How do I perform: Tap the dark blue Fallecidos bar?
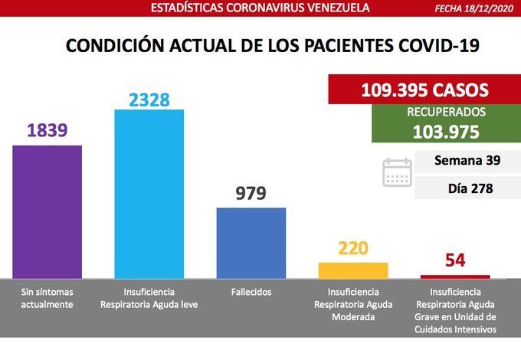[251, 242]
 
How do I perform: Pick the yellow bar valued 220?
[353, 270]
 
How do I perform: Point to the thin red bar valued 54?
[455, 276]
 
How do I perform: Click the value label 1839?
[47, 131]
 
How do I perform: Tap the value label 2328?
[149, 99]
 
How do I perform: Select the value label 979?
[251, 193]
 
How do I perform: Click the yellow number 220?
[353, 248]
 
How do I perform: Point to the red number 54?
[455, 260]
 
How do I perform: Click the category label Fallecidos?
[251, 292]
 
